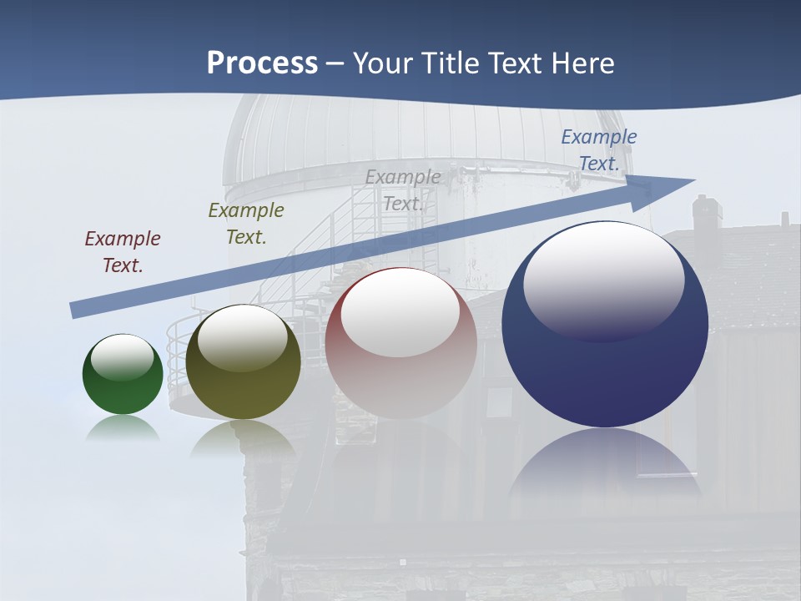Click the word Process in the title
[x=262, y=63]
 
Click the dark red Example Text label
[x=123, y=251]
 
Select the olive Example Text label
[x=246, y=223]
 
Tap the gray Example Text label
[x=403, y=189]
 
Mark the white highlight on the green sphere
[x=122, y=358]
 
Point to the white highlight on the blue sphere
[x=603, y=280]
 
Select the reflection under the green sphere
[x=123, y=428]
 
